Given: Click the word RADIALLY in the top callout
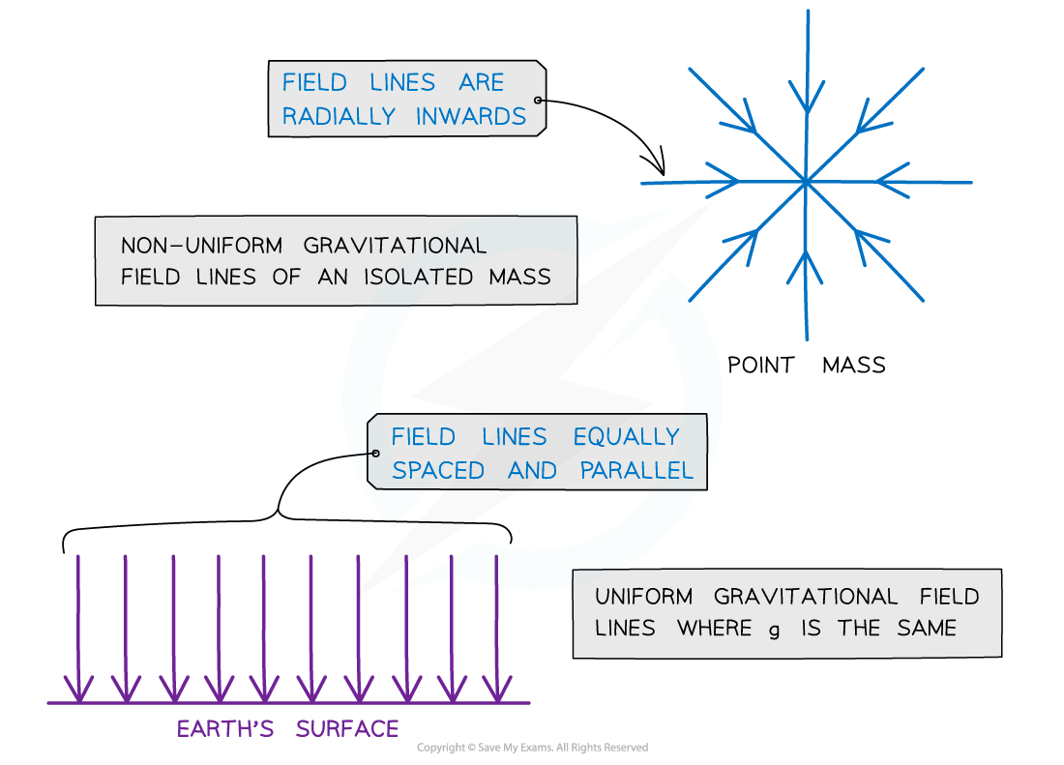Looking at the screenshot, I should (339, 117).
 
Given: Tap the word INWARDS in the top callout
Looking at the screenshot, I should (471, 117).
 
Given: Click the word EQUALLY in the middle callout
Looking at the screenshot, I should (626, 437).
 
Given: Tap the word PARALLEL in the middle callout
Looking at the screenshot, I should (636, 471).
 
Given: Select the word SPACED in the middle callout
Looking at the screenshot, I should (438, 471).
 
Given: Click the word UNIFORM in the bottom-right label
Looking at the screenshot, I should (643, 597).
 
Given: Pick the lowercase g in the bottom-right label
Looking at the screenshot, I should (774, 630).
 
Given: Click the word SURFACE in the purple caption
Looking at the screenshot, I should (347, 729).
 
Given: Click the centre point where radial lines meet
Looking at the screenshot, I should (805, 181).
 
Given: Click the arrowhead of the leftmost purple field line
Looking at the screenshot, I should (79, 689).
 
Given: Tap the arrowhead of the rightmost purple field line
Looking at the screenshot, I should (497, 689).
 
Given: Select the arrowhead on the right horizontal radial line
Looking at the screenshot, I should (884, 181).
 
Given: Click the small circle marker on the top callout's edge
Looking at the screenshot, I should (539, 101).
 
